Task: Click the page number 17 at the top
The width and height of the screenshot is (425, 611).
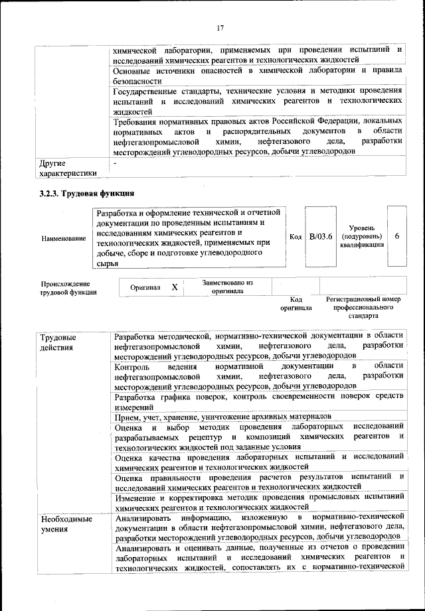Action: pos(220,27)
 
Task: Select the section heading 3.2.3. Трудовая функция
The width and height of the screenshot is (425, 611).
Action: pos(86,194)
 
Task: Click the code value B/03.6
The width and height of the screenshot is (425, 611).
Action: pos(321,236)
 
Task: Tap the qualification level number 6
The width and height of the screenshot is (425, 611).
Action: pos(396,236)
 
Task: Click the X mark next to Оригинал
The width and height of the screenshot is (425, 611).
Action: pos(174,287)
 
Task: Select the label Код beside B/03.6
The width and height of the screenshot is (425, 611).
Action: pos(296,237)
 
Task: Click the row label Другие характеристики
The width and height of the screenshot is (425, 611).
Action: pos(66,167)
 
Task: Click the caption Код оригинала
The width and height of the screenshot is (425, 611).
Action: pos(296,303)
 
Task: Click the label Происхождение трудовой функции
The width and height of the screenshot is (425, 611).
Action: pos(68,287)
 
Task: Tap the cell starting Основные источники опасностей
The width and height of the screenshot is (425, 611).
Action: pos(258,75)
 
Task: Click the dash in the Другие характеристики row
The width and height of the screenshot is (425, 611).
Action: pos(115,162)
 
